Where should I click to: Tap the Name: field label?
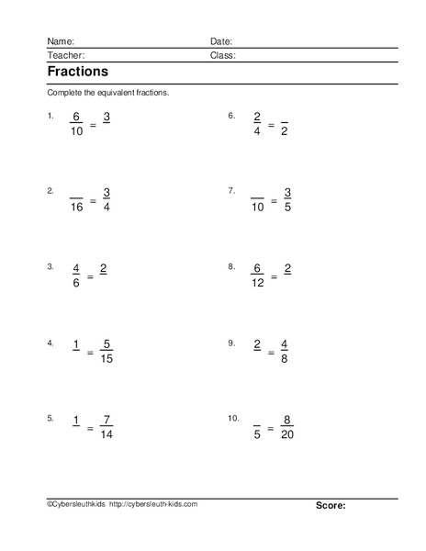(61, 41)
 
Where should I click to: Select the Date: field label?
(221, 41)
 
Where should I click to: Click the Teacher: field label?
(64, 55)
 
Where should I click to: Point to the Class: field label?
(223, 55)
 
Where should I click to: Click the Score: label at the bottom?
(331, 505)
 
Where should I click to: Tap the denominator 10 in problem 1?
(76, 131)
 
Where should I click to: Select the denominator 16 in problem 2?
(76, 208)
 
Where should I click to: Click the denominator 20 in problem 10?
(288, 435)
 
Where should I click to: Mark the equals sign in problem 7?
(273, 200)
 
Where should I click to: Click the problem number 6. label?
(231, 116)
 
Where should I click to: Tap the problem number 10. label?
(233, 418)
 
